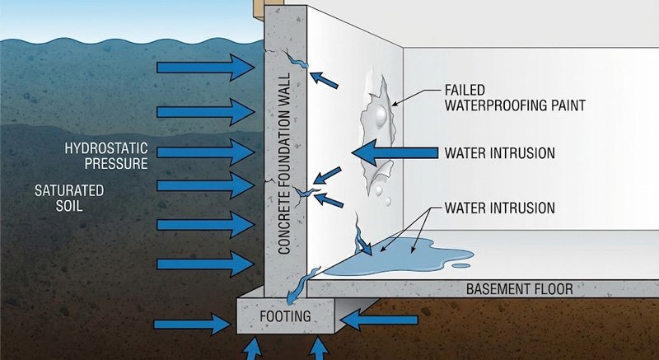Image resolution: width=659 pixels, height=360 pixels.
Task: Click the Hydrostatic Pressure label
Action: [108, 157]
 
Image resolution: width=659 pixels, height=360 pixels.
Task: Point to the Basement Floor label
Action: [519, 289]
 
